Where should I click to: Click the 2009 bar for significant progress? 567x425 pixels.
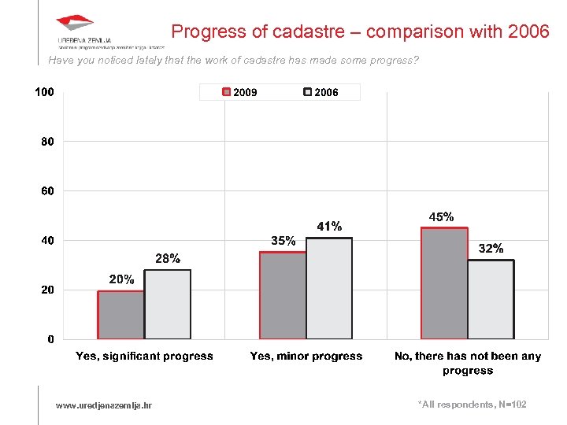coord(120,315)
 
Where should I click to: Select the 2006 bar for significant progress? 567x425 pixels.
coord(167,305)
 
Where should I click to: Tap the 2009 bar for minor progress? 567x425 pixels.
coord(283,296)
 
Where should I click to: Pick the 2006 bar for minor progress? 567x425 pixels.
coord(329,289)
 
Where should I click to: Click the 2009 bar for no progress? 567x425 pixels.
coord(444,283)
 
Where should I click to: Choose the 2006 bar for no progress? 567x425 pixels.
coord(491,300)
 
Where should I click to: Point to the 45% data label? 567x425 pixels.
coord(441,216)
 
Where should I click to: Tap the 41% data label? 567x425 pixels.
coord(329,227)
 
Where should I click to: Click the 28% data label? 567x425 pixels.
coord(167,258)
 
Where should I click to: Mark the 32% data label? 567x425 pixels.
coord(491,249)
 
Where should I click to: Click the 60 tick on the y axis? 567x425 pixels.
coord(47,191)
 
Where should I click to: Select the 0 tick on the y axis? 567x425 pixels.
coord(50,339)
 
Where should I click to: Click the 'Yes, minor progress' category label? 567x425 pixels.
coord(306,357)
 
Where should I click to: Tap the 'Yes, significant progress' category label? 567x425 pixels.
coord(144,357)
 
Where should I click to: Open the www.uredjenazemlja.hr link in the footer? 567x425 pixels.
coord(104,405)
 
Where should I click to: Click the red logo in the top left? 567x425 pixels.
coord(75,24)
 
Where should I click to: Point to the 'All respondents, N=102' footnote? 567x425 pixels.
coord(472,405)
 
